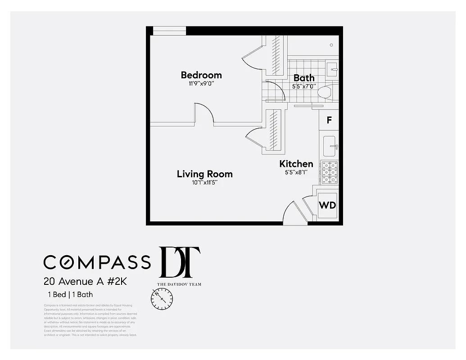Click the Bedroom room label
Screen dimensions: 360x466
click(201, 75)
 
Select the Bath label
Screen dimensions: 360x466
click(304, 78)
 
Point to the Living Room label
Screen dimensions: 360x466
click(204, 174)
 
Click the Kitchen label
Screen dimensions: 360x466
click(296, 164)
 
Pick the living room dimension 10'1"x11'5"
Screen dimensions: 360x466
click(204, 183)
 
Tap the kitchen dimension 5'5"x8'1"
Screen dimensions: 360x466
click(296, 172)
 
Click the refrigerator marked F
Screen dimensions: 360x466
click(329, 120)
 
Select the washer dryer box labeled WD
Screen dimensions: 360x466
click(327, 205)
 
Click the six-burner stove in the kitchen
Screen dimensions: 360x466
click(330, 172)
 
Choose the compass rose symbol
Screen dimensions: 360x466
click(162, 298)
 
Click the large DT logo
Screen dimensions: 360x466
click(180, 263)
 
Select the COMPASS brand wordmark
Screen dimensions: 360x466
click(97, 262)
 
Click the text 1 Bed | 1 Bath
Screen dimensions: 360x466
click(71, 295)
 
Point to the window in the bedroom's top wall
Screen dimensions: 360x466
click(169, 31)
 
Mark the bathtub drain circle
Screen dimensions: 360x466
click(331, 45)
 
